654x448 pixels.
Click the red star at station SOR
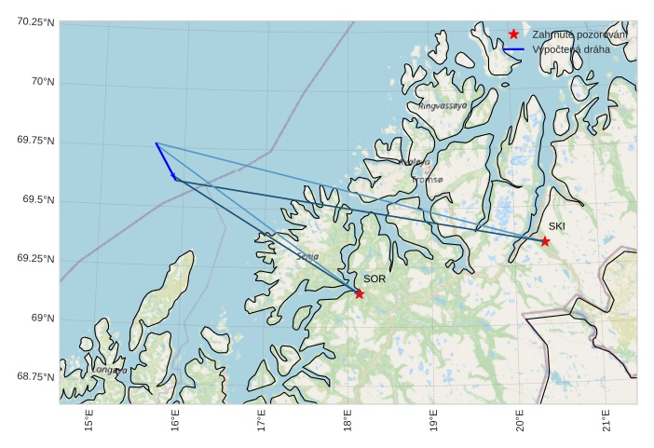click(360, 294)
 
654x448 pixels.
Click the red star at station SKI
click(545, 241)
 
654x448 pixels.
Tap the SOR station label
click(374, 278)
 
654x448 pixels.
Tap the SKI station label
click(556, 226)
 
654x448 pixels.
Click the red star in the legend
click(513, 34)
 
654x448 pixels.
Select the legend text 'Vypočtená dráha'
click(571, 49)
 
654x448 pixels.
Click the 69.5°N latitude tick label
click(35, 200)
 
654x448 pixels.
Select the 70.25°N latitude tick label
click(35, 21)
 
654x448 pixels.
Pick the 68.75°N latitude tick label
click(35, 376)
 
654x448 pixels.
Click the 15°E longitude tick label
click(89, 422)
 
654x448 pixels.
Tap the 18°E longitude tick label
click(347, 422)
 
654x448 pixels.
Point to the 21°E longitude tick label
click(606, 422)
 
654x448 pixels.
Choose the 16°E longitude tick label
click(175, 422)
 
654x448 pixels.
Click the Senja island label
click(307, 256)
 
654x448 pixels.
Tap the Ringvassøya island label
click(443, 106)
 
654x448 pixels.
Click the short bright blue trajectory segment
click(165, 160)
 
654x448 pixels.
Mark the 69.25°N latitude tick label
click(35, 259)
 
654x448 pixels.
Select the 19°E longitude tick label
click(433, 422)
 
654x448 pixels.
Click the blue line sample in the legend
click(513, 49)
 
